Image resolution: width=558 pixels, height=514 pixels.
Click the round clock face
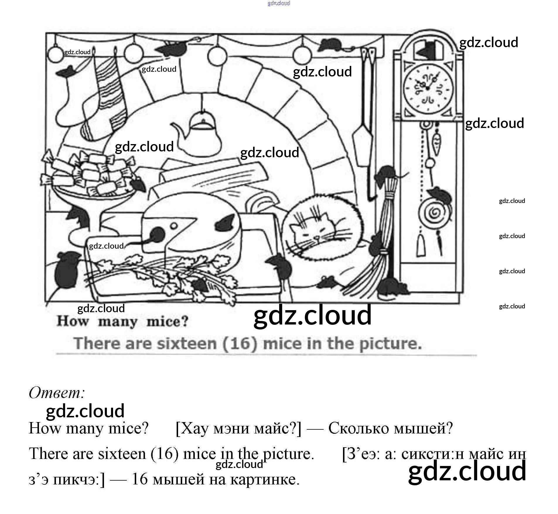point(428,88)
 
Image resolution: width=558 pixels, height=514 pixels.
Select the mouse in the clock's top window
point(427,50)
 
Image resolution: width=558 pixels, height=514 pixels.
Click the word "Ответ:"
point(57,392)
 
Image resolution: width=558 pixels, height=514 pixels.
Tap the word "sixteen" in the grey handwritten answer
point(187,343)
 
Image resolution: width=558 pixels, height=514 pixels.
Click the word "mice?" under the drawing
point(167,322)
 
